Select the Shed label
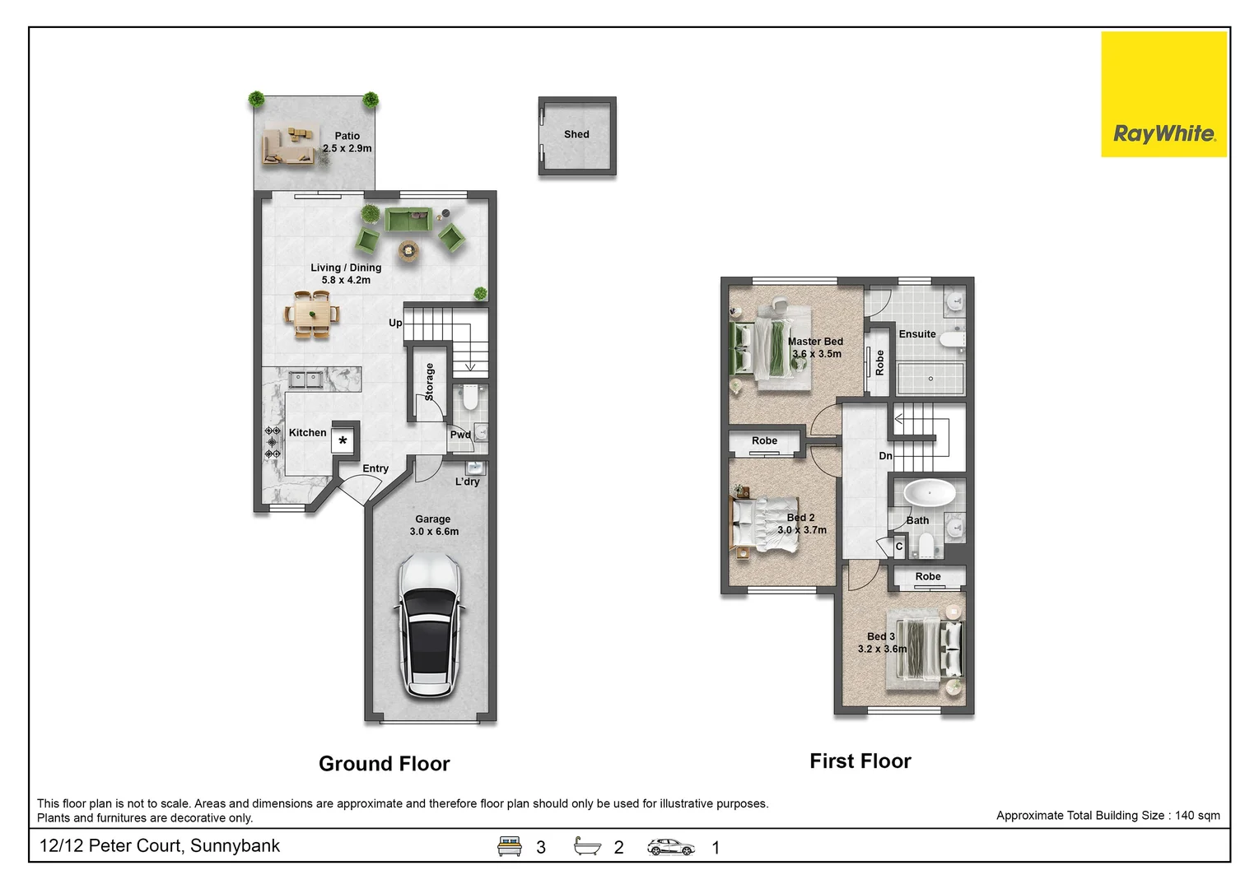tap(576, 134)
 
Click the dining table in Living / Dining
tap(312, 314)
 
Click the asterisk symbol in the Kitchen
tap(343, 441)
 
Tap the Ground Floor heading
tap(384, 764)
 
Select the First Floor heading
tap(860, 761)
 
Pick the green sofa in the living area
tap(408, 221)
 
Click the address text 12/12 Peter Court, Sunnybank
tap(160, 846)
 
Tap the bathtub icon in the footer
tap(587, 846)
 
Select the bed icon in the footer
tap(510, 846)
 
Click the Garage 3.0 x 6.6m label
tap(433, 525)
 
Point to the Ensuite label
tap(916, 334)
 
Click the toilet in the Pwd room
tap(470, 398)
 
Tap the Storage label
tap(429, 382)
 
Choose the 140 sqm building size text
tap(1107, 816)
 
